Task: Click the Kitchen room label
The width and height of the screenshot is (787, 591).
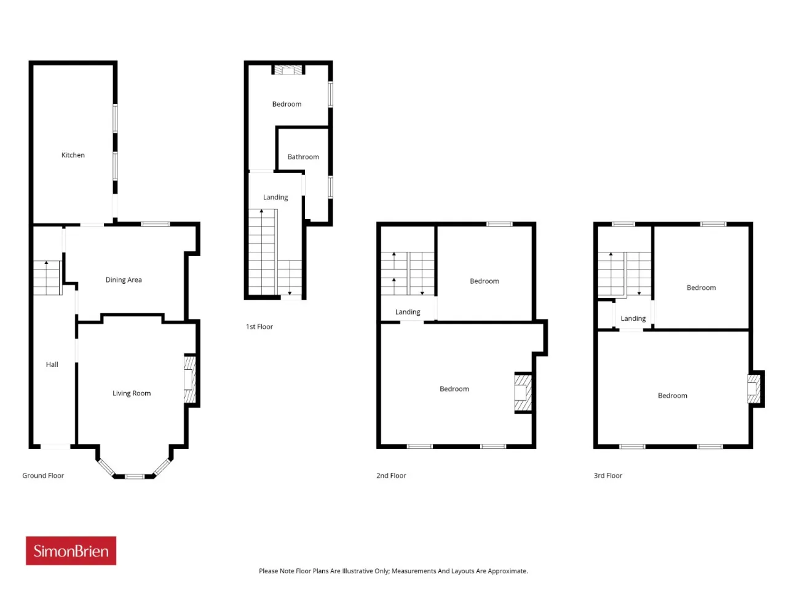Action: pyautogui.click(x=73, y=155)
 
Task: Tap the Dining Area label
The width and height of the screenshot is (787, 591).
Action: pyautogui.click(x=124, y=279)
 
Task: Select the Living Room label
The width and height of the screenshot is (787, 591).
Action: pyautogui.click(x=131, y=393)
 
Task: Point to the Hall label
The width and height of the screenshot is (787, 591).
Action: pyautogui.click(x=52, y=364)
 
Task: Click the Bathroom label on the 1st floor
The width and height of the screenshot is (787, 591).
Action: pyautogui.click(x=303, y=157)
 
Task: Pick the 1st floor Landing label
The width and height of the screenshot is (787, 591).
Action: pyautogui.click(x=275, y=198)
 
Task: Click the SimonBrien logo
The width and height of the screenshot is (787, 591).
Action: pyautogui.click(x=71, y=551)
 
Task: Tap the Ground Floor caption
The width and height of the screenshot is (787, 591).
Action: pyautogui.click(x=43, y=475)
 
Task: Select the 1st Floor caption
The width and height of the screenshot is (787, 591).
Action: pyautogui.click(x=259, y=326)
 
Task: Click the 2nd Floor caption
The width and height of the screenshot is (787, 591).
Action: pyautogui.click(x=391, y=475)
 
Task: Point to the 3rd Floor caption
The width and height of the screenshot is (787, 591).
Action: pyautogui.click(x=607, y=475)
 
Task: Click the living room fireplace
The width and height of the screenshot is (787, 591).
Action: pyautogui.click(x=190, y=379)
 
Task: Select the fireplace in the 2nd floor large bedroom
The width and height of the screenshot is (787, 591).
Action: pyautogui.click(x=523, y=393)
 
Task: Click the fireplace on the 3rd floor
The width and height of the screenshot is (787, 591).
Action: pyautogui.click(x=753, y=388)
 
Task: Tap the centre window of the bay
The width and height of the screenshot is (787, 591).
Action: pyautogui.click(x=135, y=476)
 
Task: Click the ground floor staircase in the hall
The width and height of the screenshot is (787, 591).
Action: pyautogui.click(x=48, y=278)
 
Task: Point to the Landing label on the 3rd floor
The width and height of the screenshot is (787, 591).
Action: pyautogui.click(x=633, y=319)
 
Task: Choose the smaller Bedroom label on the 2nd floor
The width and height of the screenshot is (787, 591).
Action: pyautogui.click(x=484, y=281)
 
